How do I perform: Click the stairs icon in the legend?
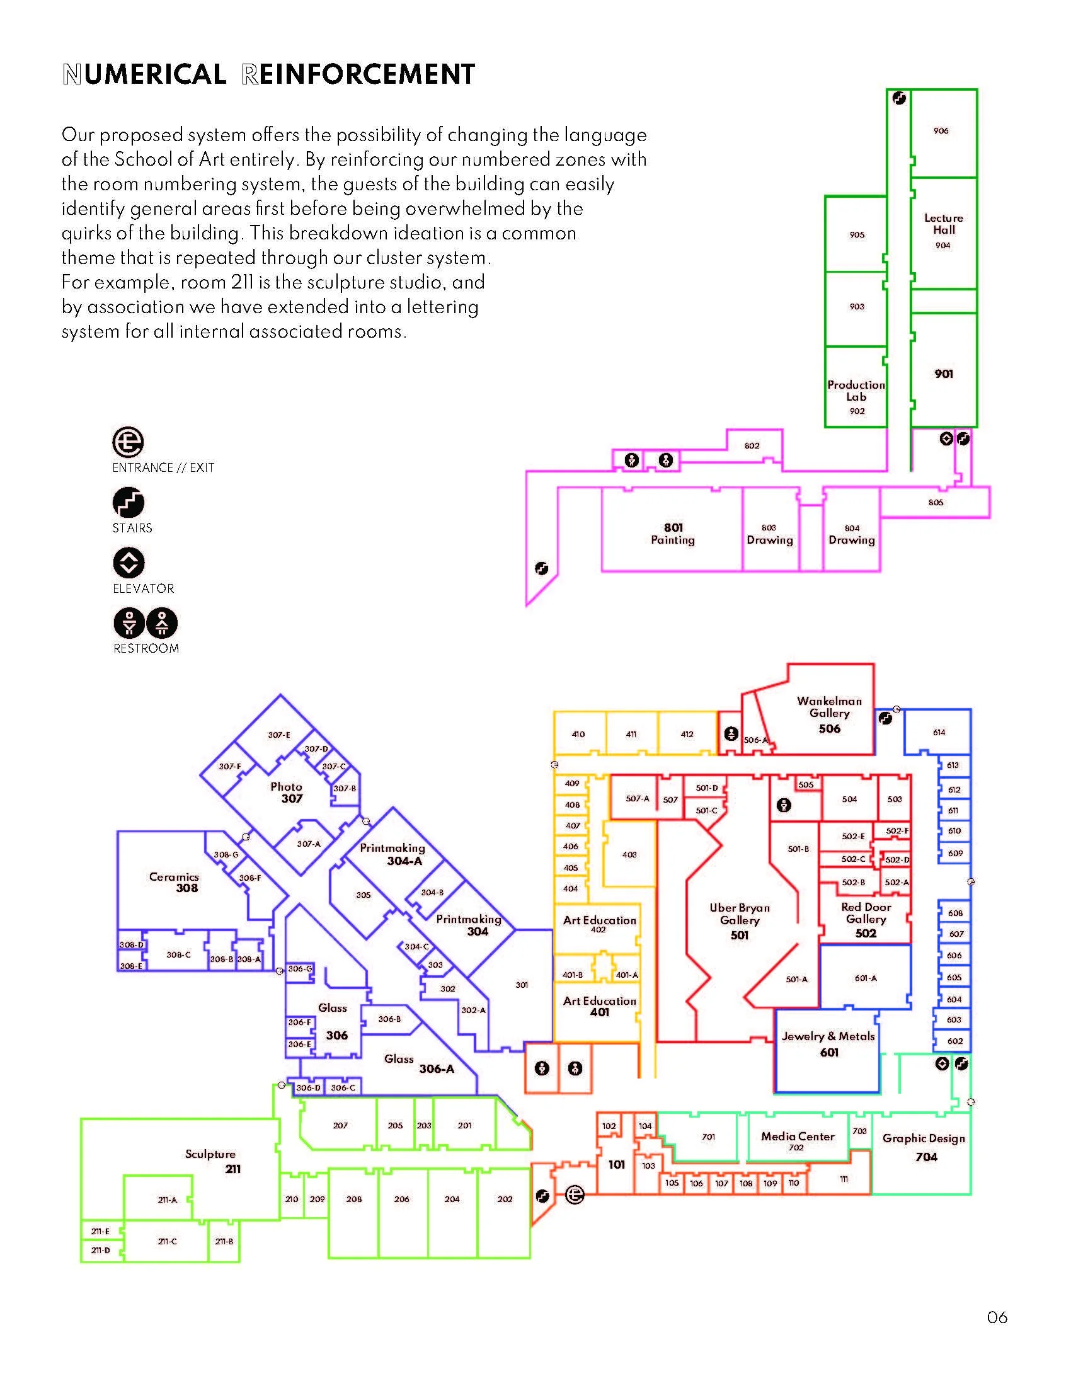(x=129, y=503)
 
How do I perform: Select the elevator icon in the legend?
(x=129, y=563)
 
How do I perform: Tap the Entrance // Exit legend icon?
(x=128, y=442)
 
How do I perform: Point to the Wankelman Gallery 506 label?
(x=828, y=714)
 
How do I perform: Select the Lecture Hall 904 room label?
(x=944, y=231)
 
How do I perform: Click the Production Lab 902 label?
(x=856, y=397)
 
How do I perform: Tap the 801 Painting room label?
(x=673, y=534)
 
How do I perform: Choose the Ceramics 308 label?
(x=175, y=882)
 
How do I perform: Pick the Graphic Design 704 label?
(x=924, y=1147)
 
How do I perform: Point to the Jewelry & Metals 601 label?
(x=828, y=1043)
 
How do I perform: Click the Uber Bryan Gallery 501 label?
(x=739, y=921)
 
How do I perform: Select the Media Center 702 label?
(x=798, y=1140)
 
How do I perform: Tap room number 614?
(x=939, y=732)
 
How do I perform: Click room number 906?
(x=941, y=131)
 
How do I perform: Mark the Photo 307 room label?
(x=287, y=792)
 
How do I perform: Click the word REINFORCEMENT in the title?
(x=358, y=74)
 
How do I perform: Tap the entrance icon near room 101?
(x=575, y=1195)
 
